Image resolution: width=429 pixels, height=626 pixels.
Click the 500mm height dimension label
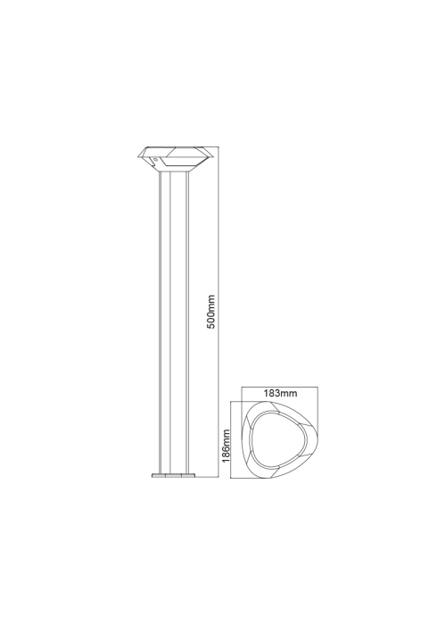(211, 312)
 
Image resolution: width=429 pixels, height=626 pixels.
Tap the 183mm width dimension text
(280, 393)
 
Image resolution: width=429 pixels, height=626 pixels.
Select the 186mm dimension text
(226, 446)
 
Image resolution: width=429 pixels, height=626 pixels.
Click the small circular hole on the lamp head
(156, 159)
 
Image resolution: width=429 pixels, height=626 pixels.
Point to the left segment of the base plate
(159, 475)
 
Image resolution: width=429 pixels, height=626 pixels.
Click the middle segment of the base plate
(174, 475)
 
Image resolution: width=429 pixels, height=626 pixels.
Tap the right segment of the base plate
(188, 475)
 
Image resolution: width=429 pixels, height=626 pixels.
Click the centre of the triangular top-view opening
(277, 439)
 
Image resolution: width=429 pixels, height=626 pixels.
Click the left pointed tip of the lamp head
(138, 155)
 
